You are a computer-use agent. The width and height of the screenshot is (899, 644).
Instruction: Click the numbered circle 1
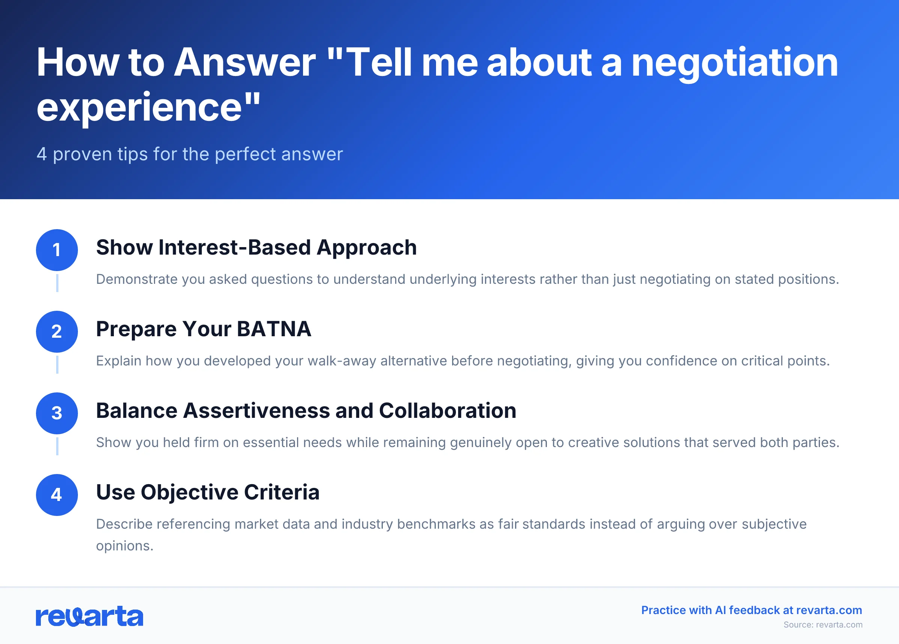click(57, 250)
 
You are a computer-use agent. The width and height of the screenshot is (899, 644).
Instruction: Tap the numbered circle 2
click(57, 332)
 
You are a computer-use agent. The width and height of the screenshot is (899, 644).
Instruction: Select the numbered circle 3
click(57, 413)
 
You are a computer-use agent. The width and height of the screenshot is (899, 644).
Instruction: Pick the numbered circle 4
click(57, 495)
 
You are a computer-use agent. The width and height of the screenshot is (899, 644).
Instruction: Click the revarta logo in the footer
click(90, 616)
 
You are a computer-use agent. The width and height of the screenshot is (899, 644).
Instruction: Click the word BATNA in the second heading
click(273, 329)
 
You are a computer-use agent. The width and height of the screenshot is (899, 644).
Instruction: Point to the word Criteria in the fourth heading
click(281, 492)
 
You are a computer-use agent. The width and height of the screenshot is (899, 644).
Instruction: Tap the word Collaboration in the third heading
click(448, 411)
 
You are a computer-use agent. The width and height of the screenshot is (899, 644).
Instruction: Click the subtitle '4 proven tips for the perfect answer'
click(190, 154)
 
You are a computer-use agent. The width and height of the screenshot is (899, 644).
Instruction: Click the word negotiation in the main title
click(735, 62)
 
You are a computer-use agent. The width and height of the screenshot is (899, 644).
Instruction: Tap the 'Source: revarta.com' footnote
click(823, 625)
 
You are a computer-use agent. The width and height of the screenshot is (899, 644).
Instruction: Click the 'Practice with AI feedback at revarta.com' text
click(751, 610)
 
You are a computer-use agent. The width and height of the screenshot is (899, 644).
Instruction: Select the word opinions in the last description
click(124, 546)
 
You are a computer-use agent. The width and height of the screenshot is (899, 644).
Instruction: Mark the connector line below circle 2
click(57, 365)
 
